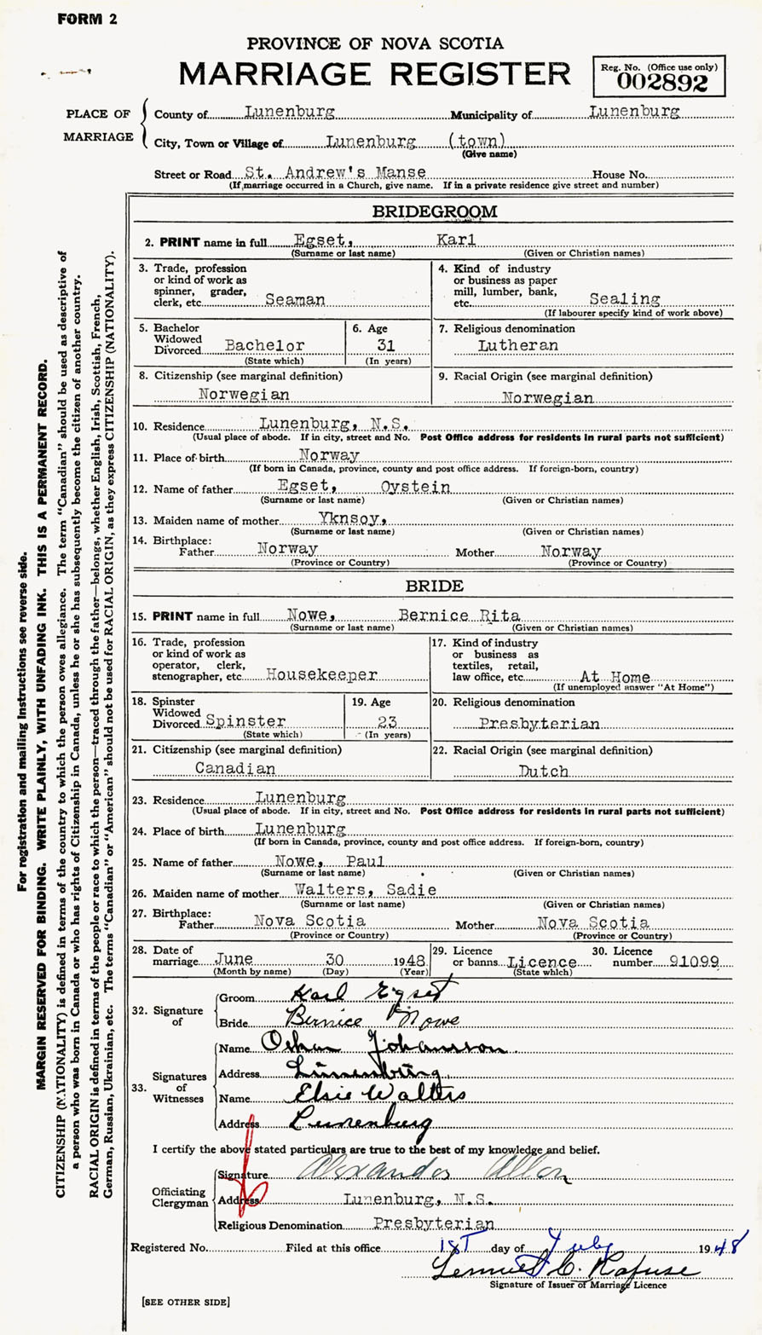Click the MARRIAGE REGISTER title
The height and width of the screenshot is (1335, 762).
(x=375, y=75)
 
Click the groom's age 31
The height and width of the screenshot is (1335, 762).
(x=387, y=346)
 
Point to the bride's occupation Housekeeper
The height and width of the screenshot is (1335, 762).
(x=321, y=673)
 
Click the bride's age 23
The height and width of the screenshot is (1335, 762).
(x=387, y=721)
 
